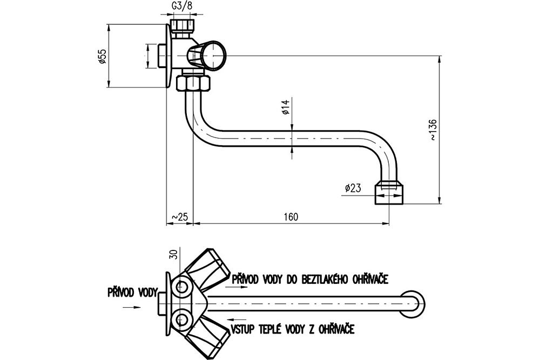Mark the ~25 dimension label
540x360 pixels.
[x=179, y=217]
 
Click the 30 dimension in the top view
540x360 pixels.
[x=173, y=255]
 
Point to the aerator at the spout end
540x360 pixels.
[x=389, y=192]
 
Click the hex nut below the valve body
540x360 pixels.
[x=194, y=84]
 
